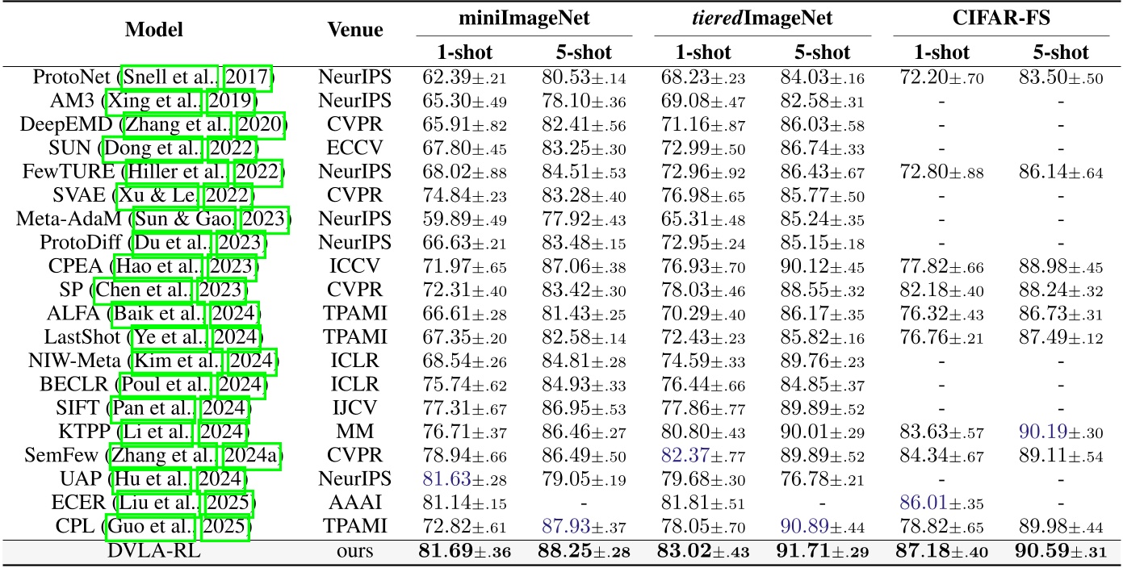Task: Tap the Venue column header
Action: point(355,31)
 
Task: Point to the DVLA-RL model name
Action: point(153,552)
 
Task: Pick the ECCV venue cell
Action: point(355,148)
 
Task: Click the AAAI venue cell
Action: point(355,505)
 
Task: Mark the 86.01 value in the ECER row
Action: point(920,505)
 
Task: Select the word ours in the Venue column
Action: point(355,552)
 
